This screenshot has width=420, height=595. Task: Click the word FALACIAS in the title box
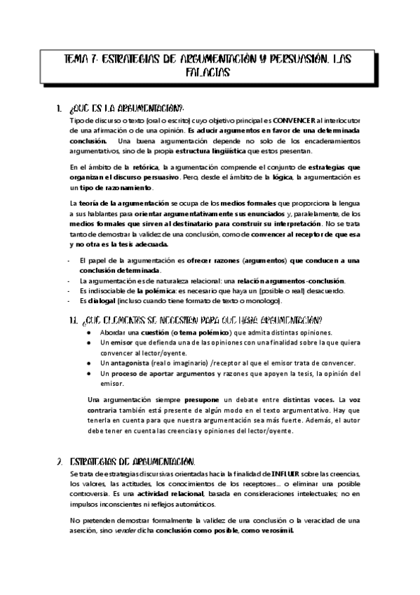[x=210, y=72]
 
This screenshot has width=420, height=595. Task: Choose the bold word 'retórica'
[x=145, y=167]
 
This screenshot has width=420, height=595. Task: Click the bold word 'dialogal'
[x=107, y=301]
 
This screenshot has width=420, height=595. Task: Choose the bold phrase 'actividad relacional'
[x=126, y=495]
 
